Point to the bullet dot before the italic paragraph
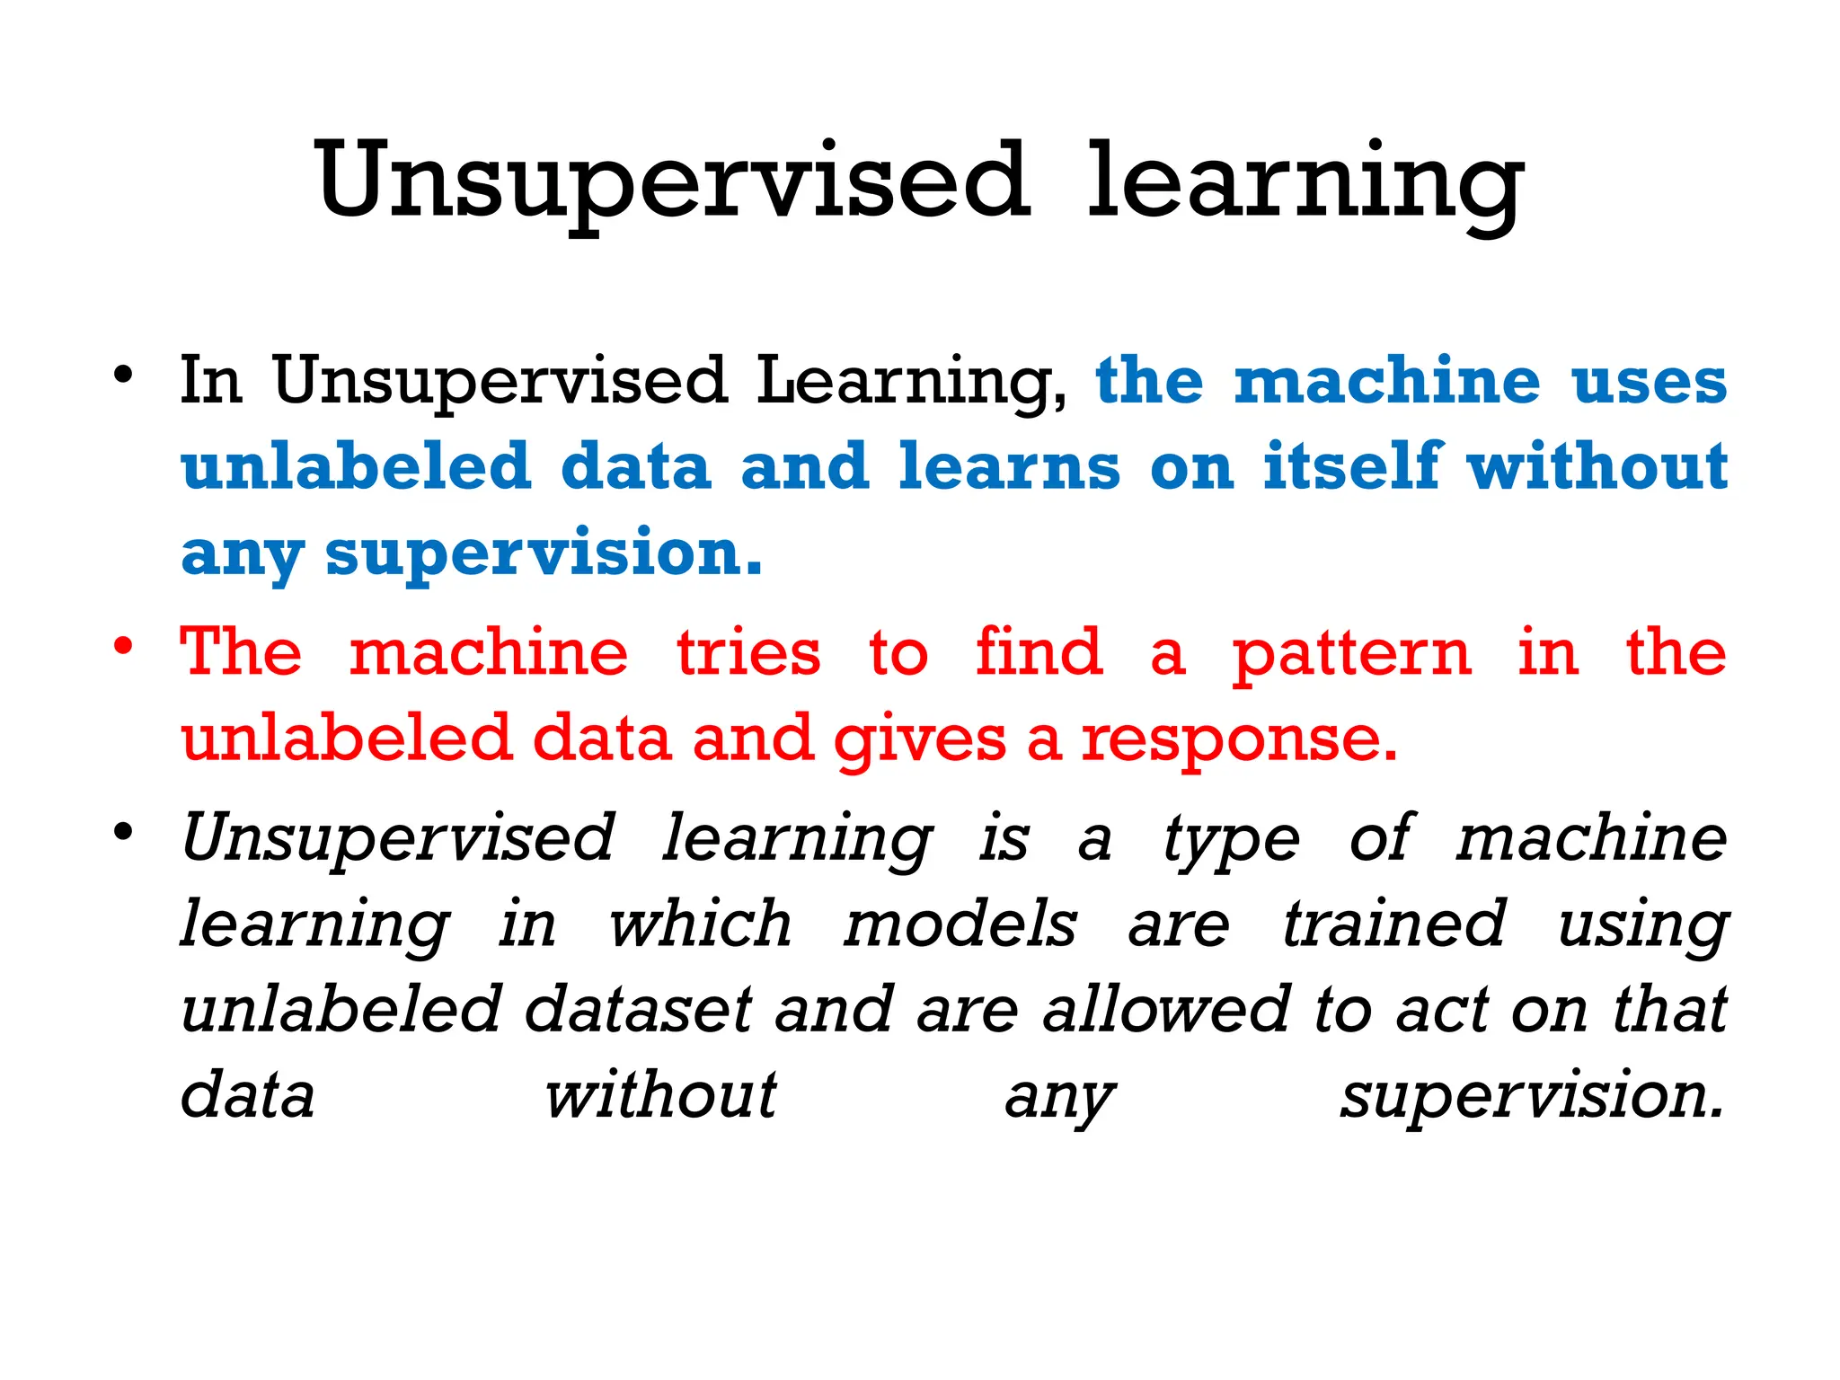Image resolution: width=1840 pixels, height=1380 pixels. tap(124, 831)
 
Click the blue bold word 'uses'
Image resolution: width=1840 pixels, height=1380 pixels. tap(1649, 382)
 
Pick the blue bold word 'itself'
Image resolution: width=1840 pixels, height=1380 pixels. tap(1353, 467)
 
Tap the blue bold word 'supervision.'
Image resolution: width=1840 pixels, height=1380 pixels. tap(544, 553)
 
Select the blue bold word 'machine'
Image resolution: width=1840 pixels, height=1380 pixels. tap(1387, 382)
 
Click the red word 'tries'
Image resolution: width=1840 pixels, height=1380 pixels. tap(748, 653)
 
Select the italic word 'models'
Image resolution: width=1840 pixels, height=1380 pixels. tap(960, 925)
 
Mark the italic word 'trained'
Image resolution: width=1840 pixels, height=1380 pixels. tap(1393, 925)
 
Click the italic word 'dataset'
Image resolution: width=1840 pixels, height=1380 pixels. tap(638, 1010)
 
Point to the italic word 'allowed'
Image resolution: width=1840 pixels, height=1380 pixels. tap(1166, 1010)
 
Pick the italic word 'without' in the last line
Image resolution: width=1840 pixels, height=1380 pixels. tap(660, 1096)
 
